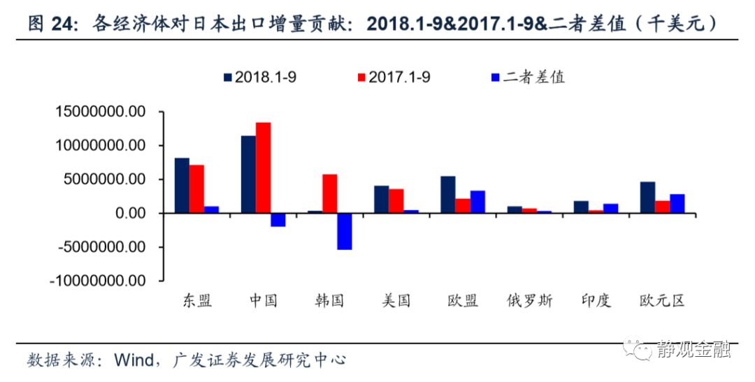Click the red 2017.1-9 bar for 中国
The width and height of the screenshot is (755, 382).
pos(263,168)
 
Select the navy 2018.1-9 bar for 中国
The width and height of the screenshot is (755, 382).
pos(248,175)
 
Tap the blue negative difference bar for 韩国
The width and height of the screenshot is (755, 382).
pos(345,231)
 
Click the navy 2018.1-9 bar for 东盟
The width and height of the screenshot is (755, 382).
pos(182,185)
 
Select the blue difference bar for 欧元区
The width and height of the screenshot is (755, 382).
pos(677,203)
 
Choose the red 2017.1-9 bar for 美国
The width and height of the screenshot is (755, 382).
pos(396,201)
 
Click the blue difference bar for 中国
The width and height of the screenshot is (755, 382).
pos(278,219)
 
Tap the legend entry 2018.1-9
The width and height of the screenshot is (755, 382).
pos(259,78)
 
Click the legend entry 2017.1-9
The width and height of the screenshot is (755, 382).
pos(393,78)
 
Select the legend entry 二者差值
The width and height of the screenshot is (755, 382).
pos(527,78)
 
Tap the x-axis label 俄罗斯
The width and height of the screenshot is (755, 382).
pos(530,301)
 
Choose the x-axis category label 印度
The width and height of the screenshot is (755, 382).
pos(596,301)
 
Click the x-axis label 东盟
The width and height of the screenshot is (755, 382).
pos(197,301)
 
